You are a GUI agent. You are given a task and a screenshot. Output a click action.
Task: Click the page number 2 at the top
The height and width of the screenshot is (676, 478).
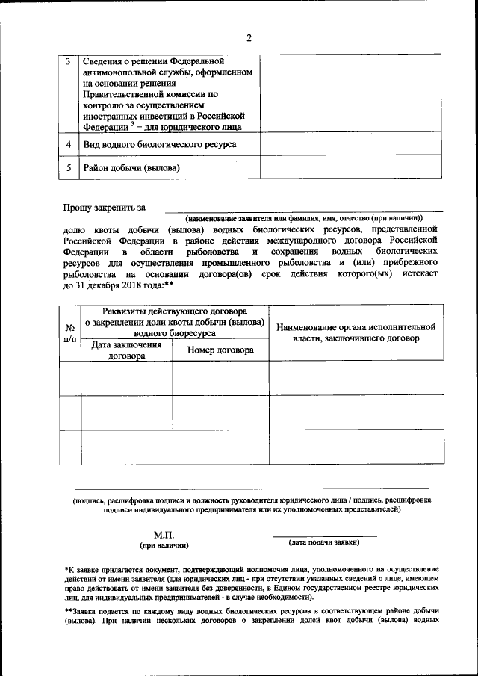[248, 38]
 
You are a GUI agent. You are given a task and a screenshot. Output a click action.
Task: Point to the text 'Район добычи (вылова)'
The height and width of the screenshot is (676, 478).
[131, 168]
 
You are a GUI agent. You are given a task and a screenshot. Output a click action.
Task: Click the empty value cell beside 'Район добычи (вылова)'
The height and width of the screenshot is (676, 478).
[350, 167]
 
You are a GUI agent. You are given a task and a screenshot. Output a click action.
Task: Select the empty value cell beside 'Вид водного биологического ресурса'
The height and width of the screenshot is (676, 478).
[350, 143]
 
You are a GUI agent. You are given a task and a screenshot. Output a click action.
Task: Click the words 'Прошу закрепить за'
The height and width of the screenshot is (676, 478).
[104, 206]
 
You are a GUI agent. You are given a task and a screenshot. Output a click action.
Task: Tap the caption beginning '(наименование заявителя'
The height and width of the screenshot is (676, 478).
[305, 216]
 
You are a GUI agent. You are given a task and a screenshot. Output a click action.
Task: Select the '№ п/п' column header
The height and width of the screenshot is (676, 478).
[69, 332]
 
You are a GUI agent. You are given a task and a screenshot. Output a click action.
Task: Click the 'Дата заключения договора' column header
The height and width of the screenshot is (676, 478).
[126, 350]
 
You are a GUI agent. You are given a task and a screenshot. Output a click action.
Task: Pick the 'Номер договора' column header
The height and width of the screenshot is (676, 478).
[220, 350]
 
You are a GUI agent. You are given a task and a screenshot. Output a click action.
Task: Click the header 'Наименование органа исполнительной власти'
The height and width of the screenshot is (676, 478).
[355, 332]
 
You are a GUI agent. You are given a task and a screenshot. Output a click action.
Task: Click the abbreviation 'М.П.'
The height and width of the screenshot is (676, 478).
[164, 536]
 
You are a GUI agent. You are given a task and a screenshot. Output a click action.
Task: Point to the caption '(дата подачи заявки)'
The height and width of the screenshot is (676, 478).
[324, 542]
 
